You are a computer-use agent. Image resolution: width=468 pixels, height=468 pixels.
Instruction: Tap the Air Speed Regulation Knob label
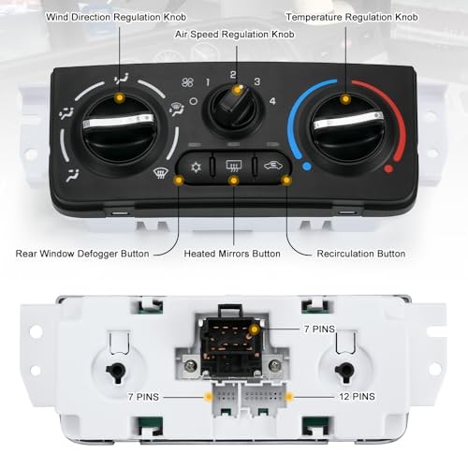(234, 34)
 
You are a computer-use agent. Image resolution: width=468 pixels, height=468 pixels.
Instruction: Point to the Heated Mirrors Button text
(233, 253)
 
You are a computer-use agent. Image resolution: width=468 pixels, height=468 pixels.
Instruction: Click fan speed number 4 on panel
(272, 101)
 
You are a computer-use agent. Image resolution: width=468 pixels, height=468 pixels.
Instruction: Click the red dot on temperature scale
(388, 169)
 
